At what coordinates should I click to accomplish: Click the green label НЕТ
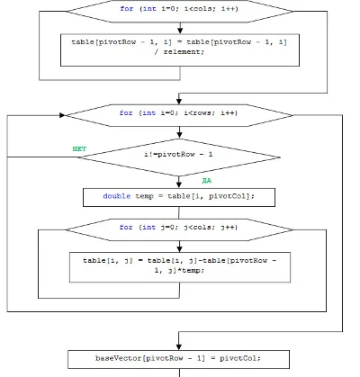coord(79,148)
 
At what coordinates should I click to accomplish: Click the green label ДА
coord(207,181)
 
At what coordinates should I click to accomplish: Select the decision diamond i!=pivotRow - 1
coord(179,157)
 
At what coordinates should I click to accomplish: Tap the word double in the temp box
coord(117,196)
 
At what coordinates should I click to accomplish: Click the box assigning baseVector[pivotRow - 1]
coord(178,359)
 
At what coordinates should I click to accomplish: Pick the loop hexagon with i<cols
coord(180,11)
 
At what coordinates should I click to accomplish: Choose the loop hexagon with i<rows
coord(179,115)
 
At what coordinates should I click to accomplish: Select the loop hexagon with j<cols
coord(179,229)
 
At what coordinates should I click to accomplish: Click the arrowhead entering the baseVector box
coord(179,346)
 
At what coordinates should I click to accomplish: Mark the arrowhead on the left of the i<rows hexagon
coord(62,115)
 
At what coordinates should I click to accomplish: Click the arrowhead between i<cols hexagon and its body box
coord(180,31)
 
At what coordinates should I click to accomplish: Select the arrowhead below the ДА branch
coord(179,184)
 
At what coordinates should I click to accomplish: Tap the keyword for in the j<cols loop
coord(126,227)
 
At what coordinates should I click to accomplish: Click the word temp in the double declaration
coord(144,196)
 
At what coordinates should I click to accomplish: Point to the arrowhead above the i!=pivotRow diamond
coord(179,135)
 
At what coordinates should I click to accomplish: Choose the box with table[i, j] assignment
coord(180,267)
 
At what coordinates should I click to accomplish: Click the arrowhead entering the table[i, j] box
coord(179,248)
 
